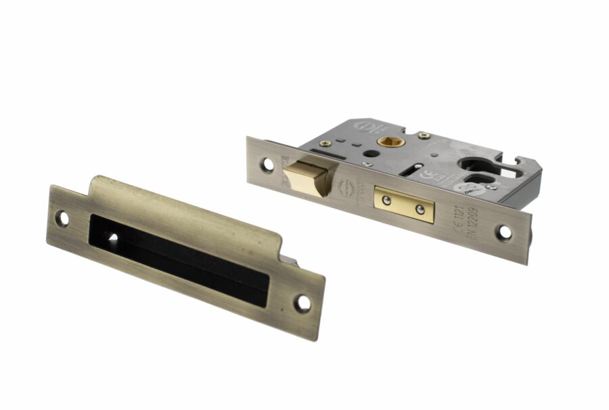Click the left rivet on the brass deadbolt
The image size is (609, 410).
[x=386, y=199]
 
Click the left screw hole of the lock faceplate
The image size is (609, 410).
[x=269, y=163]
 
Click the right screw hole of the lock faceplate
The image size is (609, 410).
[x=504, y=232]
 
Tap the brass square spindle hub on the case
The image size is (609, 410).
[x=390, y=142]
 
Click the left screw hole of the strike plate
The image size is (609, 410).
[x=64, y=218]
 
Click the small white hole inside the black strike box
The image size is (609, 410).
[x=112, y=238]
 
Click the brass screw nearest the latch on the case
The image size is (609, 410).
[x=325, y=143]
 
